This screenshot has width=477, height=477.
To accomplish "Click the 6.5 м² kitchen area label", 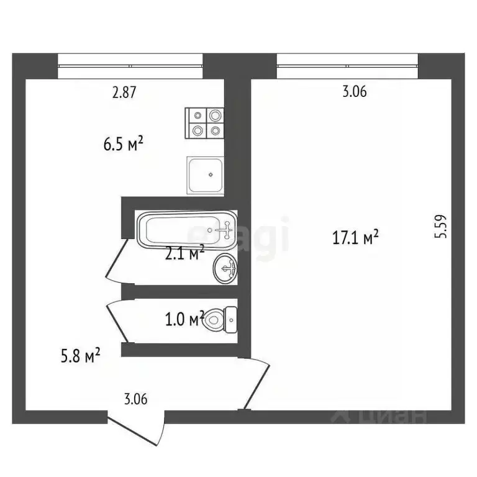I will click(124, 145).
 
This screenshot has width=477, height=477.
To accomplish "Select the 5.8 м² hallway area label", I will click(79, 357).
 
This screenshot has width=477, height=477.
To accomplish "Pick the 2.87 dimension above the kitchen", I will click(124, 93).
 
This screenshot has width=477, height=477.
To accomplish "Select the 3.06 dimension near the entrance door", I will click(135, 399).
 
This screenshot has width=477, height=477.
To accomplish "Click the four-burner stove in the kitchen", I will click(205, 123).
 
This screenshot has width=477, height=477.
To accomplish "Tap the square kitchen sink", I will click(205, 175).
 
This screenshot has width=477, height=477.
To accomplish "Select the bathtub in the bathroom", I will click(186, 230).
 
